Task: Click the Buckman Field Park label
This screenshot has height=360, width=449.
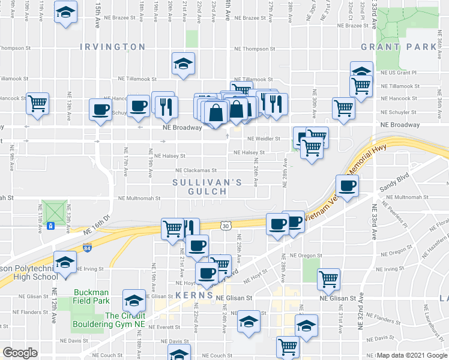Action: pyautogui.click(x=91, y=297)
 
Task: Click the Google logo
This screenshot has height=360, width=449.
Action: pyautogui.click(x=20, y=353)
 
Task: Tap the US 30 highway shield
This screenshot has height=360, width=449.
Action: pyautogui.click(x=224, y=226)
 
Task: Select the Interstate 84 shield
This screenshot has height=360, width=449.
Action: pyautogui.click(x=88, y=247)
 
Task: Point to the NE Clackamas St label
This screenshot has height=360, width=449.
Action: pyautogui.click(x=191, y=170)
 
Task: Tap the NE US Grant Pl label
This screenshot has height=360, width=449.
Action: pyautogui.click(x=403, y=73)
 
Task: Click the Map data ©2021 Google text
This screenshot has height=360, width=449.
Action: pyautogui.click(x=412, y=355)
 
